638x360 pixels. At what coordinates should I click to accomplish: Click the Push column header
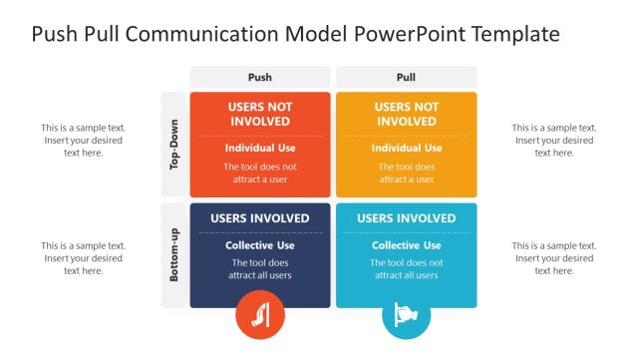[259, 77]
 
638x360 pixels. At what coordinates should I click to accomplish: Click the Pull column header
[406, 77]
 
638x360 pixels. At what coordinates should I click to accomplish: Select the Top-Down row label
[174, 145]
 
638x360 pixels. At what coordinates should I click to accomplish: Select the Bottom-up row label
[174, 255]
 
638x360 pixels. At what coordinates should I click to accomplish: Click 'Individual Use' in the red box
[259, 148]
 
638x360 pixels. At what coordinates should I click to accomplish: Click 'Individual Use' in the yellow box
[406, 148]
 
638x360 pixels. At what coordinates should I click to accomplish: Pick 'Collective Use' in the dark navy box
[259, 245]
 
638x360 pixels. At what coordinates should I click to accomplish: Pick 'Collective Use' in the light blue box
[406, 245]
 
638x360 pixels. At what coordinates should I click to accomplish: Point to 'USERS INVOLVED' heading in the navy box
[259, 218]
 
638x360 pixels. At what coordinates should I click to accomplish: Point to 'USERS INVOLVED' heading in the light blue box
[406, 218]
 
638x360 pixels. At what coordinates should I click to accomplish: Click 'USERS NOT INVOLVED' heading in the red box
[259, 114]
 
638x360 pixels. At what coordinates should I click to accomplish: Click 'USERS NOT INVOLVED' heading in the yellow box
[406, 114]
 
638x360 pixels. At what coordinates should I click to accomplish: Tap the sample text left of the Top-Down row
[83, 141]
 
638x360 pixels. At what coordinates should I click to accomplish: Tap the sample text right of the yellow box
[554, 141]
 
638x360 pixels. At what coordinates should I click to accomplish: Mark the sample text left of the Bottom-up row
[83, 258]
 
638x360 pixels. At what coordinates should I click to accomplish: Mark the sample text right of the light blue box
[554, 258]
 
